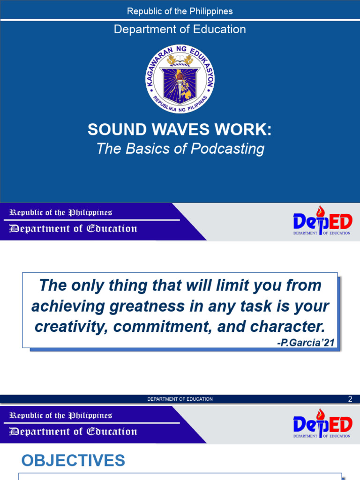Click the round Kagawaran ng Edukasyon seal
[180, 79]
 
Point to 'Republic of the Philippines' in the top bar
[180, 11]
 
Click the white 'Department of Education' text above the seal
[180, 29]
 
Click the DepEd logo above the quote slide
[322, 221]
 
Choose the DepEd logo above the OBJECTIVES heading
[322, 424]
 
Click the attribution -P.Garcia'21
[306, 343]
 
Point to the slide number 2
[350, 399]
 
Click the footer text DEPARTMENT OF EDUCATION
[180, 399]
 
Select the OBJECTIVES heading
[73, 461]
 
